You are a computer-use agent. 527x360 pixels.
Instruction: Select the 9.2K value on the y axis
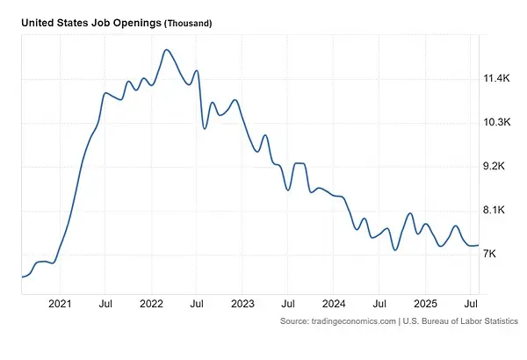(x=497, y=167)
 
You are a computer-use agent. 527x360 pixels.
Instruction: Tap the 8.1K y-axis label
(x=497, y=211)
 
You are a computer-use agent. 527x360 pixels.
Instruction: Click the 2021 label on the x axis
(x=60, y=304)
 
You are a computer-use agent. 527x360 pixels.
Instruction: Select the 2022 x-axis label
(x=151, y=304)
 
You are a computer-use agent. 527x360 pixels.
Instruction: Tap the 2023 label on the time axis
(x=242, y=304)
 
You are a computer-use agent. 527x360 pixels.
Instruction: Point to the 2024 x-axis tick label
(x=334, y=304)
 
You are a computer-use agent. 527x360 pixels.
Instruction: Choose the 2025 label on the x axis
(x=425, y=304)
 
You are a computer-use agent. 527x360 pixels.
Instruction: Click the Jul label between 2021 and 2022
(x=105, y=304)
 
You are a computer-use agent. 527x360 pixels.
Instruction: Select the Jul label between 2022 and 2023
(x=197, y=304)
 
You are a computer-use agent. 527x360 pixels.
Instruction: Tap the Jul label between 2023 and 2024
(x=288, y=304)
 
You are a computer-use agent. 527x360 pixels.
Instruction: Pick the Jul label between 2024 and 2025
(x=379, y=304)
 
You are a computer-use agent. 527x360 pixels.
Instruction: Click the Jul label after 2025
(x=471, y=304)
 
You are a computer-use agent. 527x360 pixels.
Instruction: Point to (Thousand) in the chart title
(x=188, y=23)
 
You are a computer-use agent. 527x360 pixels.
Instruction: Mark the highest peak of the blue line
(x=166, y=50)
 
